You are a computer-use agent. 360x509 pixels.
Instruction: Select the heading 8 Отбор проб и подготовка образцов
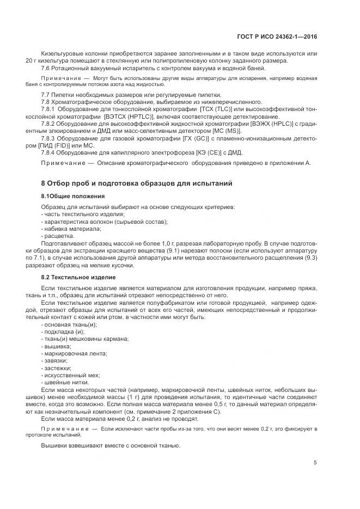click(x=137, y=183)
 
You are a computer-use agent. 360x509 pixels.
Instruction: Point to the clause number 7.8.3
click(x=50, y=138)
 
